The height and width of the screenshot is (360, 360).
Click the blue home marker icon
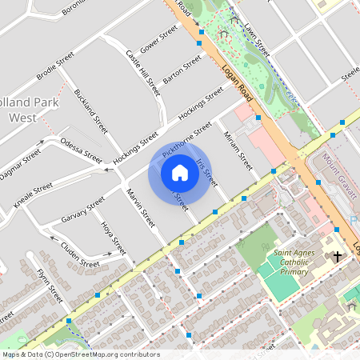(x=180, y=172)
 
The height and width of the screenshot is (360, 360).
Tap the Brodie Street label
(x=55, y=67)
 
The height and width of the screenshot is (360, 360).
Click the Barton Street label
(x=182, y=70)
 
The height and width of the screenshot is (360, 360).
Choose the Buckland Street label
(x=90, y=110)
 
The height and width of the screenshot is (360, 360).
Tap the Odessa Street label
(x=82, y=151)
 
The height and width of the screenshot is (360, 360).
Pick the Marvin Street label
(x=140, y=208)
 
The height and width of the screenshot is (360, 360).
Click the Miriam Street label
(x=238, y=150)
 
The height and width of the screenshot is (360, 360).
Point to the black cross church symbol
(x=337, y=257)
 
